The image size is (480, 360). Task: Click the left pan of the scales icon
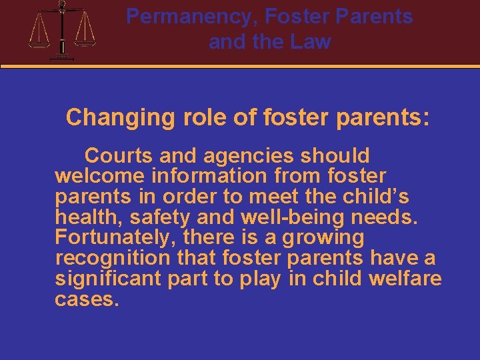point(39,41)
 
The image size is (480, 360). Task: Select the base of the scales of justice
point(62,57)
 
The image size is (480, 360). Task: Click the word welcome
point(100,177)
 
